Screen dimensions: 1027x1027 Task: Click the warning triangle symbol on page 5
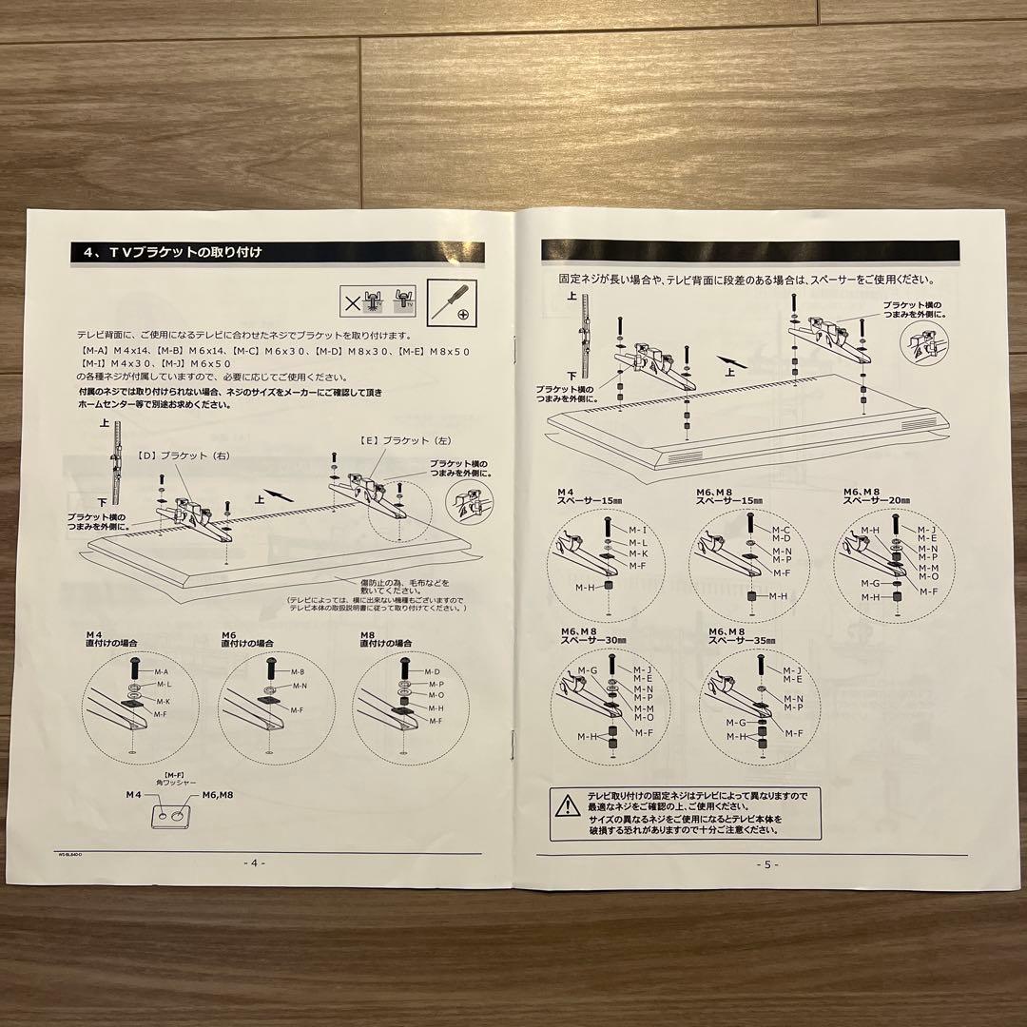[x=568, y=806]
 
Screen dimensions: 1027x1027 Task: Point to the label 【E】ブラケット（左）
[x=394, y=441]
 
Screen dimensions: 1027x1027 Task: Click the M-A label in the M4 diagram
[x=163, y=671]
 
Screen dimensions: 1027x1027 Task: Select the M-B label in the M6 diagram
[x=297, y=671]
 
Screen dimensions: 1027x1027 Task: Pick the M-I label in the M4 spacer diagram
[x=638, y=529]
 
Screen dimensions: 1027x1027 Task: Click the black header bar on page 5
[x=752, y=250]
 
